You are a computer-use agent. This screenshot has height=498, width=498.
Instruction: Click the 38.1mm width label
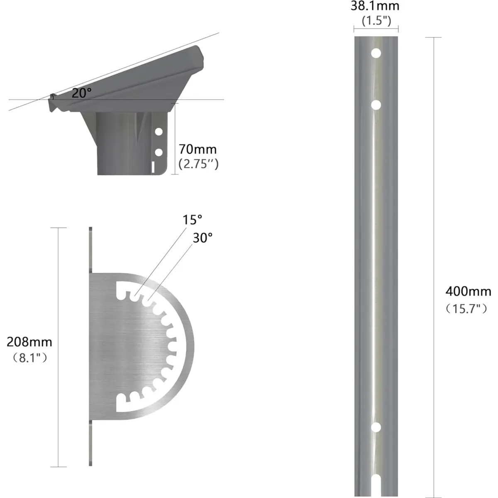click(x=375, y=6)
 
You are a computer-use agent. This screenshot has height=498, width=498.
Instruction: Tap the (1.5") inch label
click(x=376, y=20)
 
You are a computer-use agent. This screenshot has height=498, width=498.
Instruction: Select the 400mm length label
click(x=468, y=291)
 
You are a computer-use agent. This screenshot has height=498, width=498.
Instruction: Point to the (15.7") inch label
click(x=466, y=309)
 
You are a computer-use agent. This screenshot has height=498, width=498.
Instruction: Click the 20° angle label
click(x=81, y=93)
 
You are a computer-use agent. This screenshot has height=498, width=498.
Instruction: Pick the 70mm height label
click(x=198, y=149)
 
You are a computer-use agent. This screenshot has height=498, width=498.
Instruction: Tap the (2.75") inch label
click(x=198, y=164)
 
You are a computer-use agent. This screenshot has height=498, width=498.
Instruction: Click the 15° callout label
click(x=192, y=220)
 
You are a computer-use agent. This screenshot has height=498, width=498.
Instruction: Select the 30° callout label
click(x=203, y=238)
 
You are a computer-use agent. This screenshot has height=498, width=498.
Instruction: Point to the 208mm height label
click(x=29, y=342)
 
